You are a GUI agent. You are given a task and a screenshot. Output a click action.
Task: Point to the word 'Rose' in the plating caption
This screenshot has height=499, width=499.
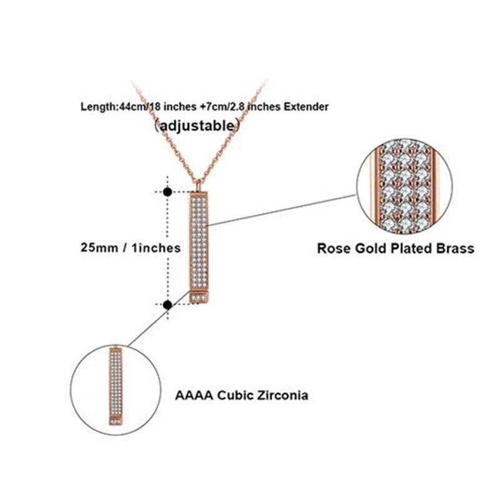[x=334, y=248]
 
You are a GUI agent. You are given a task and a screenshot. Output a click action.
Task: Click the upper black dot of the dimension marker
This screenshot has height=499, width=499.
[x=168, y=192]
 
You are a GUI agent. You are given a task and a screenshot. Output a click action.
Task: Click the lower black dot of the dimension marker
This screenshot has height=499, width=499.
[x=168, y=304]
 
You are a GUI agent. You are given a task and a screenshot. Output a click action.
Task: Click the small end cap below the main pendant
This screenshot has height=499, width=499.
[x=199, y=298]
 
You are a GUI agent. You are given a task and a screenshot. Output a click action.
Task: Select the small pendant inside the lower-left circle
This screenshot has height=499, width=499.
[x=116, y=385]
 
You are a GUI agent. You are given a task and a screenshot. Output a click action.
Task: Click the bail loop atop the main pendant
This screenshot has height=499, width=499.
[x=199, y=185]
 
